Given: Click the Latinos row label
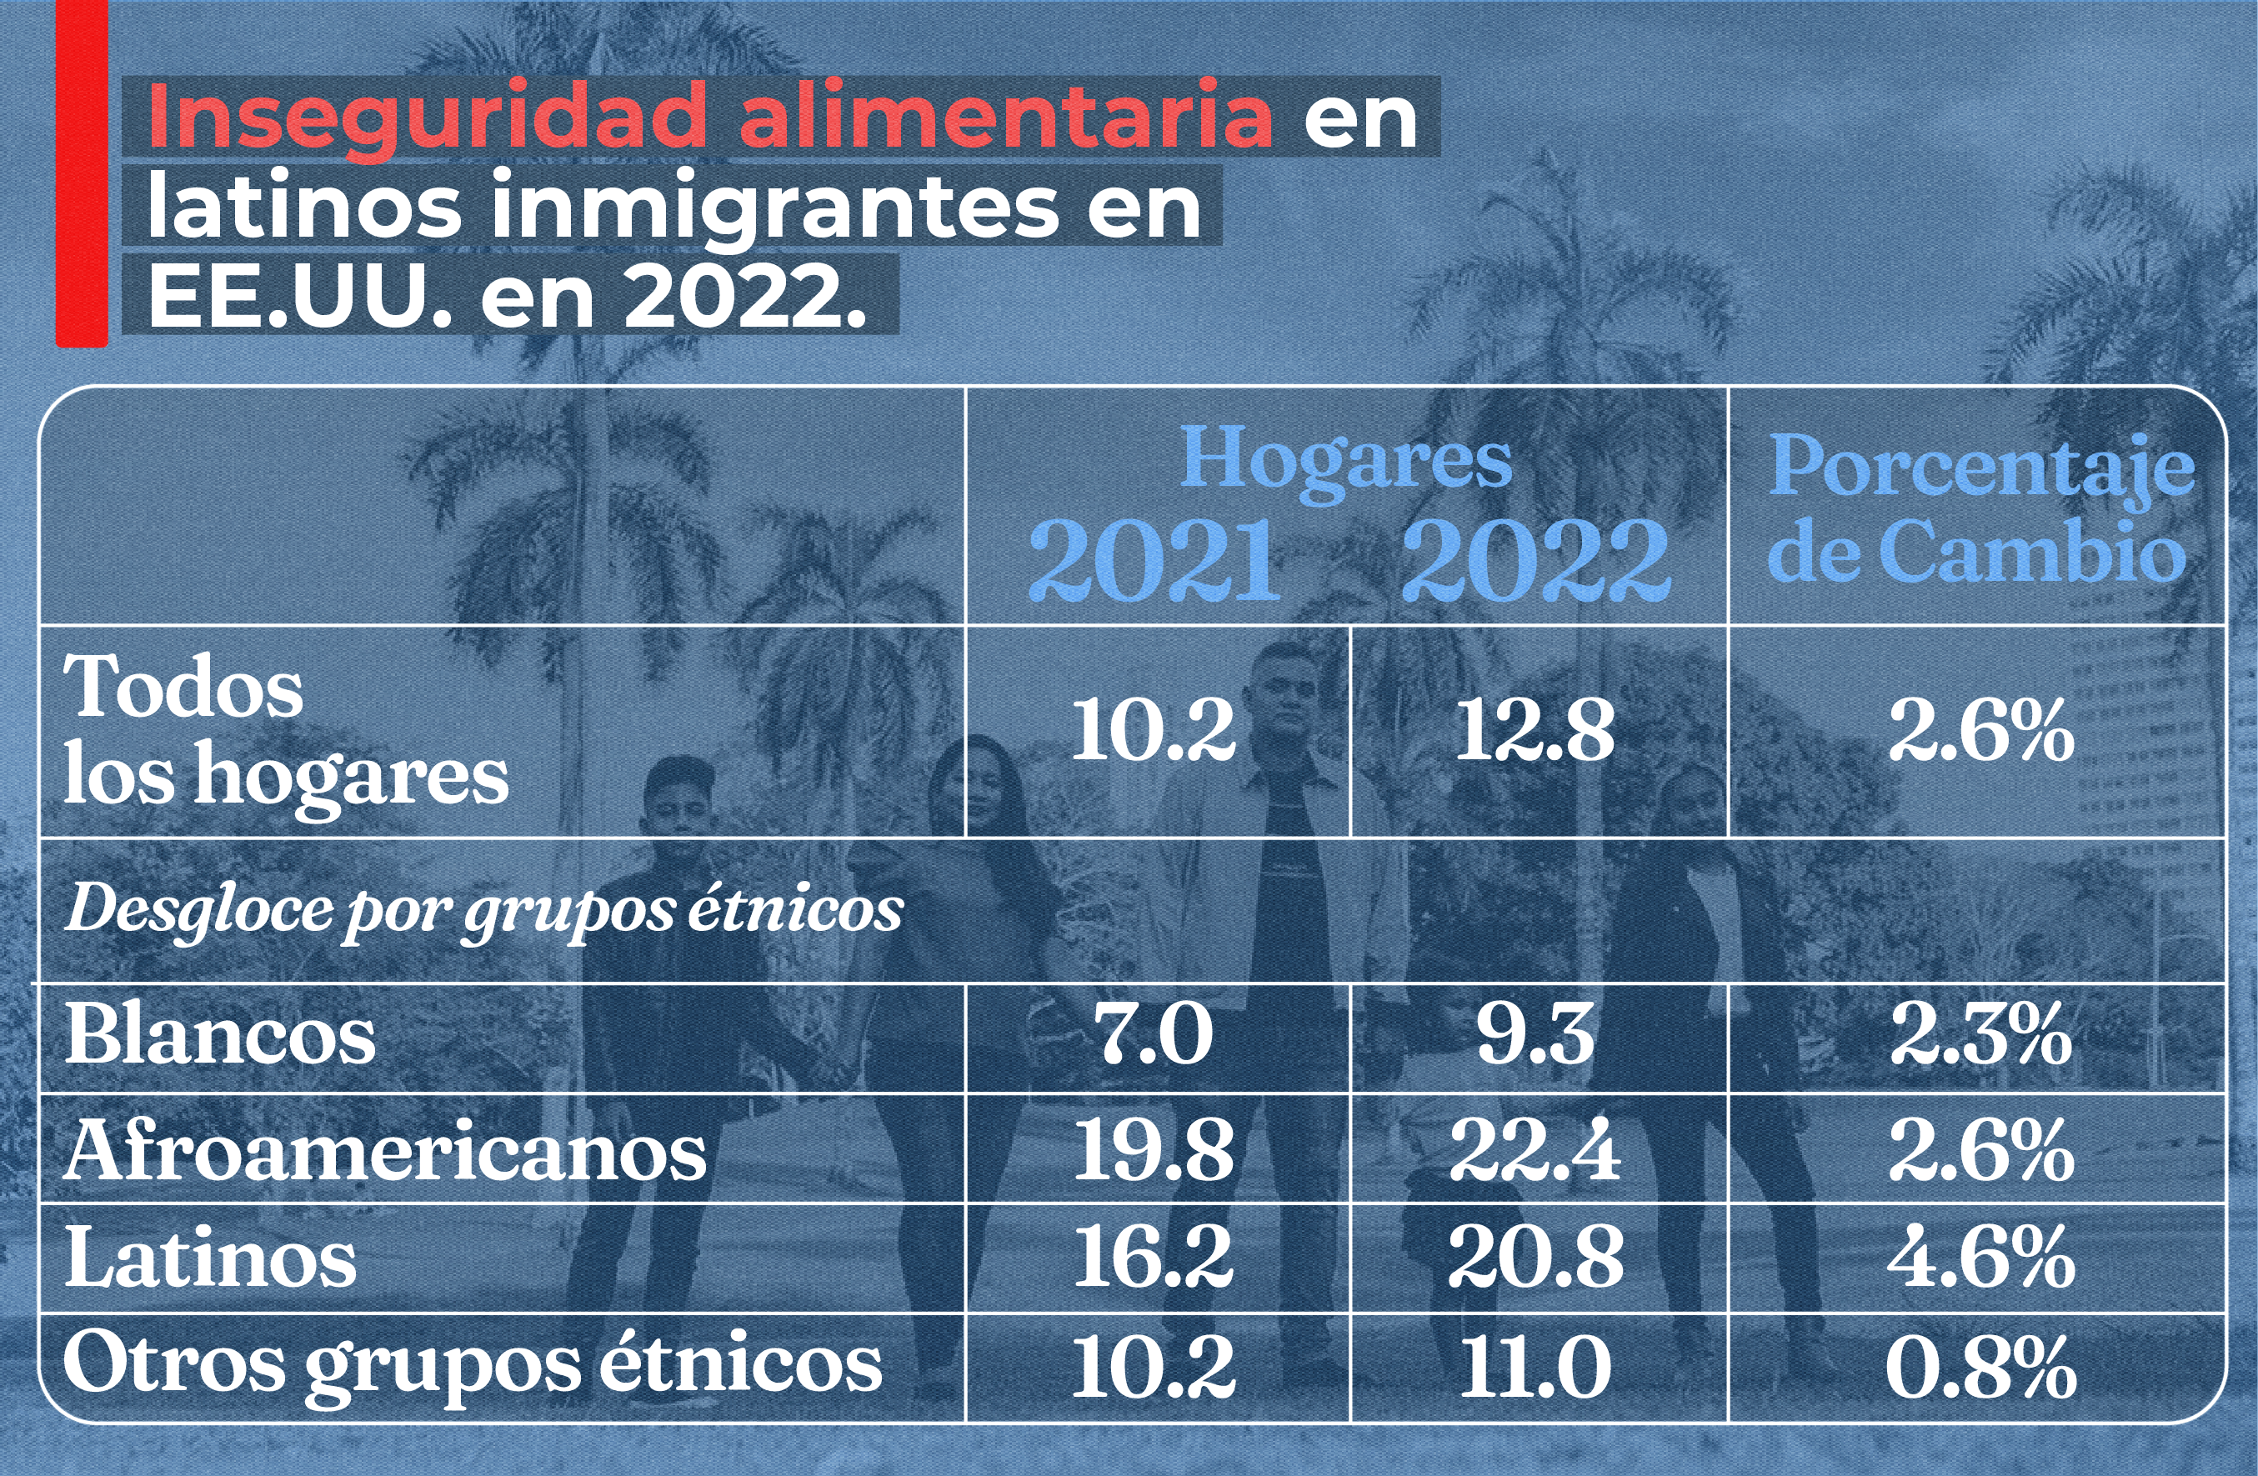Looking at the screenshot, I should pos(211,1258).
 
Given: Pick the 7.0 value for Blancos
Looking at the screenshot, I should pos(1154,1036).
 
